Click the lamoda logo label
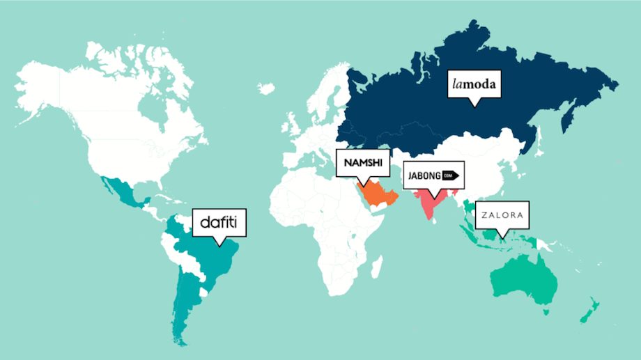point(474,86)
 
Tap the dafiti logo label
point(219,223)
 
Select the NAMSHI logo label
point(360,164)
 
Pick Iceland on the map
point(266,88)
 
